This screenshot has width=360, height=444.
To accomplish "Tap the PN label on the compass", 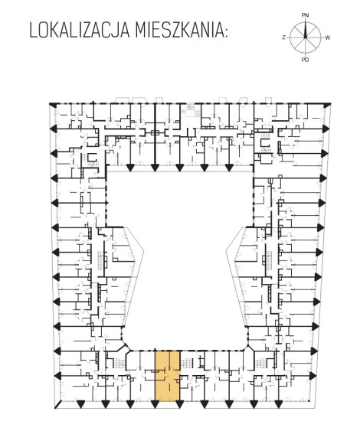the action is coord(305,15).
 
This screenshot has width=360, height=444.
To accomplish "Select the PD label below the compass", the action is coord(305,60).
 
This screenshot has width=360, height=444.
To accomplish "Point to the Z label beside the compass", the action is coord(283,38).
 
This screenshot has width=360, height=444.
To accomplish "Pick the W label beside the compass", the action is coord(327,38).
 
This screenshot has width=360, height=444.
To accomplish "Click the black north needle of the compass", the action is coord(306,30).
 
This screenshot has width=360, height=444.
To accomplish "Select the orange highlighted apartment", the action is coord(168,376).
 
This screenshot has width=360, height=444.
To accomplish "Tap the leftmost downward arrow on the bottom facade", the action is coord(81,404).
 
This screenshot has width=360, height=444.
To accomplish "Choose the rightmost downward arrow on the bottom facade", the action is coord(278,404).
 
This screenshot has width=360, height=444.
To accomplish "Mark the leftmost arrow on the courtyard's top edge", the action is coord(130,168).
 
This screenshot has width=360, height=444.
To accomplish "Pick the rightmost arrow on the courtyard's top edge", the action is coord(229,168).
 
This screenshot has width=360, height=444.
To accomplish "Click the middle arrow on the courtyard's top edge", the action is coord(179,168).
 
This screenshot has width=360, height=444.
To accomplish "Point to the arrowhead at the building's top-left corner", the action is coord(53,105).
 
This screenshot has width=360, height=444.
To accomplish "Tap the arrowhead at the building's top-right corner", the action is coord(327,105).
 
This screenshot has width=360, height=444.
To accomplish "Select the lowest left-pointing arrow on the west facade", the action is coord(57,375).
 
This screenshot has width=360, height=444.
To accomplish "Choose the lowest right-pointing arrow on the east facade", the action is coord(313,375).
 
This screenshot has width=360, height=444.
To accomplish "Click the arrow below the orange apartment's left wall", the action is coord(155,404).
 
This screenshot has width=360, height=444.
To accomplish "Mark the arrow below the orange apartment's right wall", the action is coord(179,404).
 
